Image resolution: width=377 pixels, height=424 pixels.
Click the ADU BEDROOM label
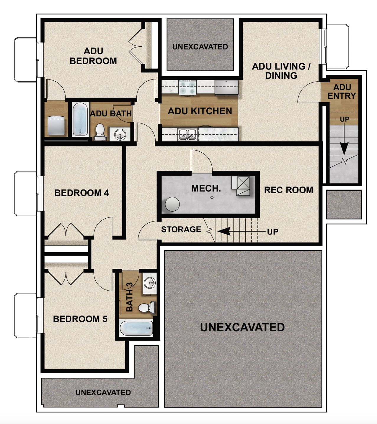[x=93, y=56]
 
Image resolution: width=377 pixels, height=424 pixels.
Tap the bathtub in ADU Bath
[x=80, y=119]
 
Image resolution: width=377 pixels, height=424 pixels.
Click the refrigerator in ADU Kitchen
[x=226, y=88]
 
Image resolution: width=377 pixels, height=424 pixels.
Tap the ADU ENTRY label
[x=342, y=92]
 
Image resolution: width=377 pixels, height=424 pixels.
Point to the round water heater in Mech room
[x=172, y=204]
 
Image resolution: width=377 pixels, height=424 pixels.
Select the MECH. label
[x=206, y=189]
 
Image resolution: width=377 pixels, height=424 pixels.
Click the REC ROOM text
[x=288, y=190]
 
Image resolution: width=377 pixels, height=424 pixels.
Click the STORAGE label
[x=181, y=229]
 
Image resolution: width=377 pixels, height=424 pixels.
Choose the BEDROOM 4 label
[x=81, y=193]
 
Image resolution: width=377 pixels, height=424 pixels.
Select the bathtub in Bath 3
[x=136, y=328]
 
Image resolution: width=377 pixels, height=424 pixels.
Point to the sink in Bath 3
[x=150, y=283]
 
